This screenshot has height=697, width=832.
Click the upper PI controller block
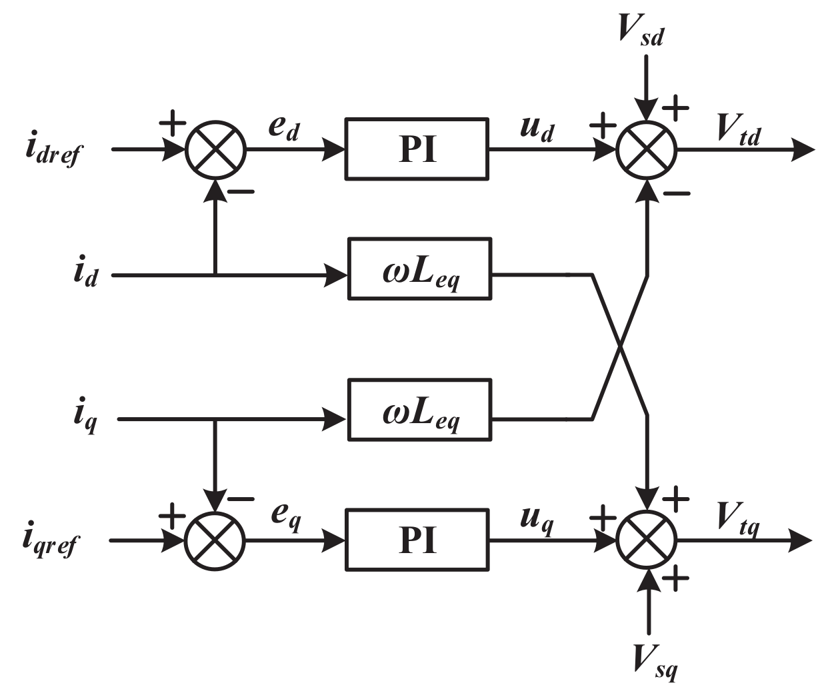coord(417,149)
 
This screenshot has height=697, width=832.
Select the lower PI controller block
coord(417,540)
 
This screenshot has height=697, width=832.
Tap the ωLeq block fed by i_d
coord(419,269)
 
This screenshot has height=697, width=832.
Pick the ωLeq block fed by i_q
coord(419,410)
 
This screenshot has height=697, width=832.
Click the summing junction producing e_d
coord(215,150)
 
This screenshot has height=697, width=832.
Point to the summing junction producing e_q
coord(215,540)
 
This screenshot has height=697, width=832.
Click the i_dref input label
coord(53,151)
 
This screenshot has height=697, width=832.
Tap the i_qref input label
coord(51,541)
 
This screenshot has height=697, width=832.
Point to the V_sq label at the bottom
coord(654,660)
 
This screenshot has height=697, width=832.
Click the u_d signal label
coord(537,128)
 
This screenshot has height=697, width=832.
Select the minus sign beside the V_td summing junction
coord(677,194)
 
